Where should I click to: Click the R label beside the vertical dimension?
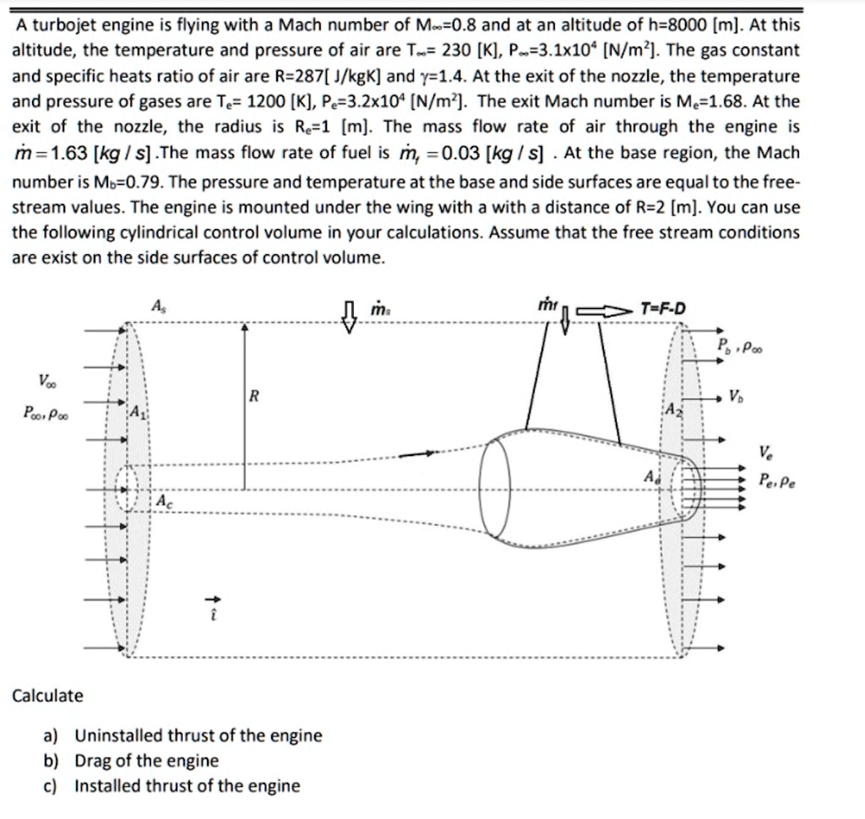click(253, 395)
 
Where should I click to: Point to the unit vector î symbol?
click(214, 605)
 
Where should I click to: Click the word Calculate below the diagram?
click(47, 696)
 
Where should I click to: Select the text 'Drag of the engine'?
click(146, 761)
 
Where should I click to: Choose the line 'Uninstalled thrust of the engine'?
click(199, 735)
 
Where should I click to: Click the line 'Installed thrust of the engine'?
click(187, 786)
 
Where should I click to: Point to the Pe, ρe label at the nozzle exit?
click(776, 481)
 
